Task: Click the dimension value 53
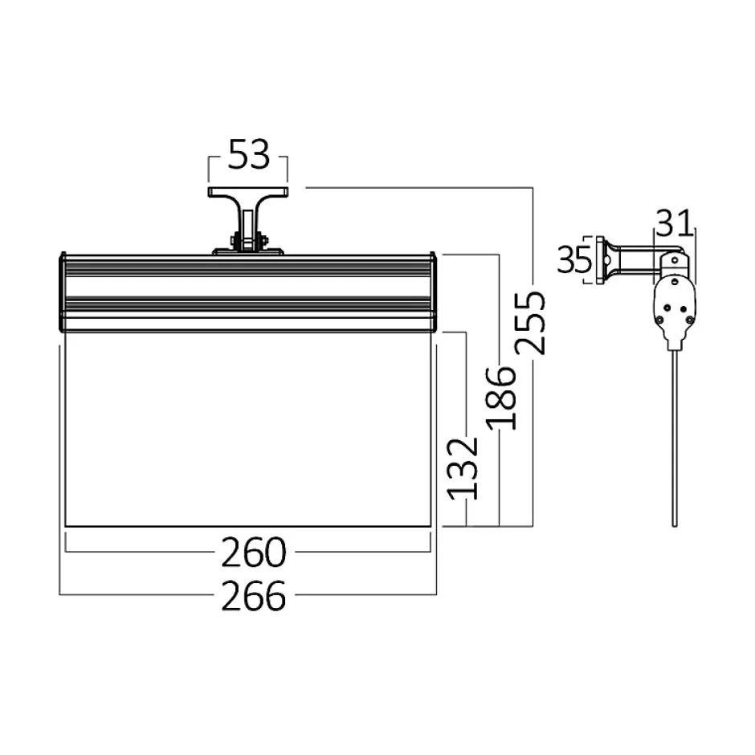248,154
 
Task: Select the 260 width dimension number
254,553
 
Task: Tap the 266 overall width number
254,596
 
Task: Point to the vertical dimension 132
463,468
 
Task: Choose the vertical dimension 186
500,398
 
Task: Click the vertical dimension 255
530,323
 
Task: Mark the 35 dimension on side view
574,259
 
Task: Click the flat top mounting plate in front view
248,192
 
